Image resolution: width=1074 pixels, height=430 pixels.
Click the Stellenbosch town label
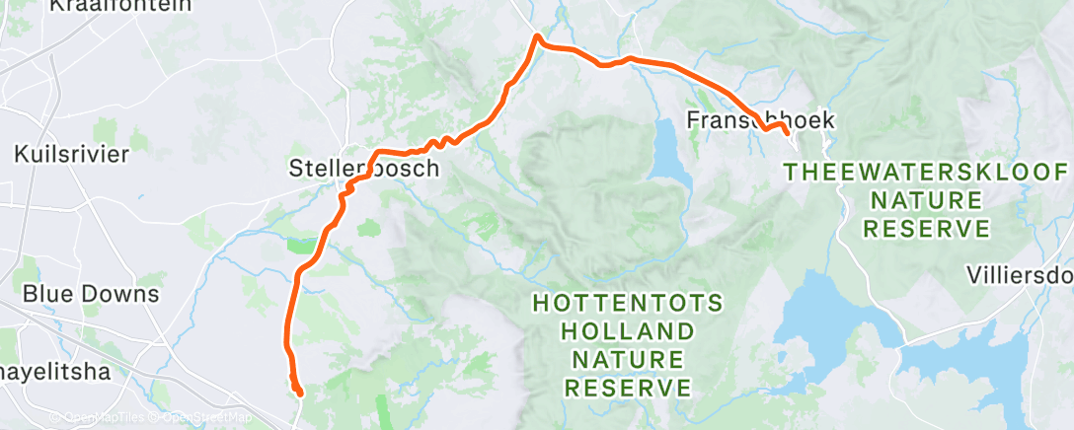coord(364,168)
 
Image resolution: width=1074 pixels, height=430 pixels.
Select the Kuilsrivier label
coord(73,154)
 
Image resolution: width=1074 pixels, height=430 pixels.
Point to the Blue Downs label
coord(90,294)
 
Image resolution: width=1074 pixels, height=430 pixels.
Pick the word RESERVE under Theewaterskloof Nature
coord(926,230)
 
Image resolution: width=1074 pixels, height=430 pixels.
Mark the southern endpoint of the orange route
coord(298,393)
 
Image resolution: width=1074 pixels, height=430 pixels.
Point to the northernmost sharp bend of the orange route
coord(537,37)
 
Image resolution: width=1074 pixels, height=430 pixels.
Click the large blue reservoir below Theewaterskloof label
coord(839,316)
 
